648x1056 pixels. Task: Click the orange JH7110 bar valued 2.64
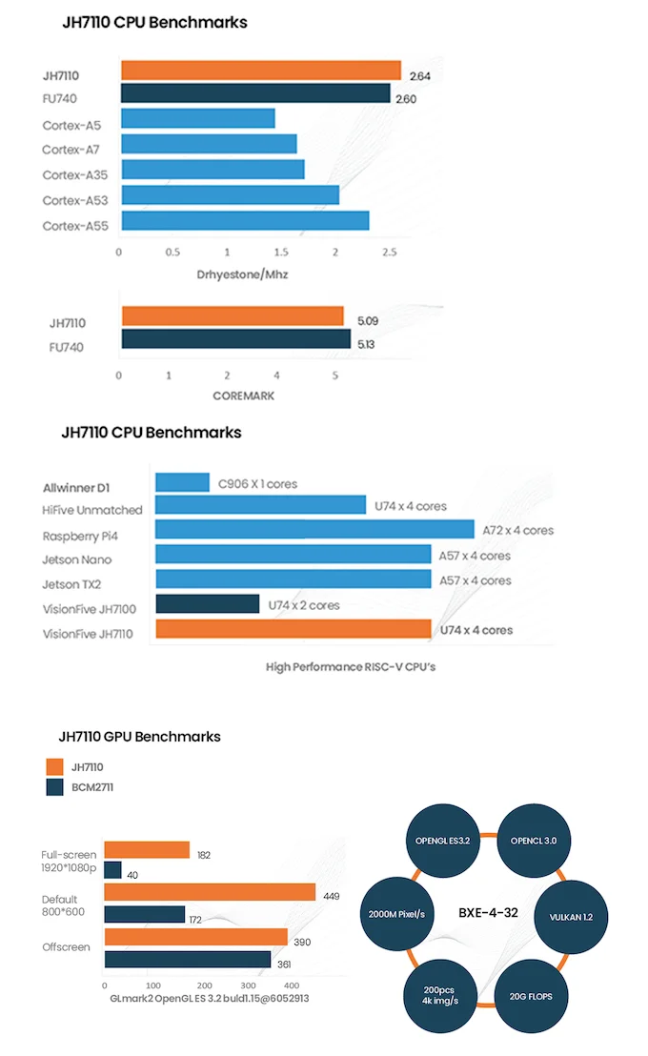260,71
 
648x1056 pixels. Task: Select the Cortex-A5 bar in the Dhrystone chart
198,118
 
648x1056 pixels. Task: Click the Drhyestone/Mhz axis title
243,274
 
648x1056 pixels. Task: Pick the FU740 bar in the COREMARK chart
235,340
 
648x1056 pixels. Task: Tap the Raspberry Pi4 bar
314,529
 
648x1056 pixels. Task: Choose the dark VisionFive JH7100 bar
207,604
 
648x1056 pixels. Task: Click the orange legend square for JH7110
54,766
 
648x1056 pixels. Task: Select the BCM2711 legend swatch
54,787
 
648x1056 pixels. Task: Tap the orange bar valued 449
210,892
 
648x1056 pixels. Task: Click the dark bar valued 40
112,870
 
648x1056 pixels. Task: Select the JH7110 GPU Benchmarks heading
139,736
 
